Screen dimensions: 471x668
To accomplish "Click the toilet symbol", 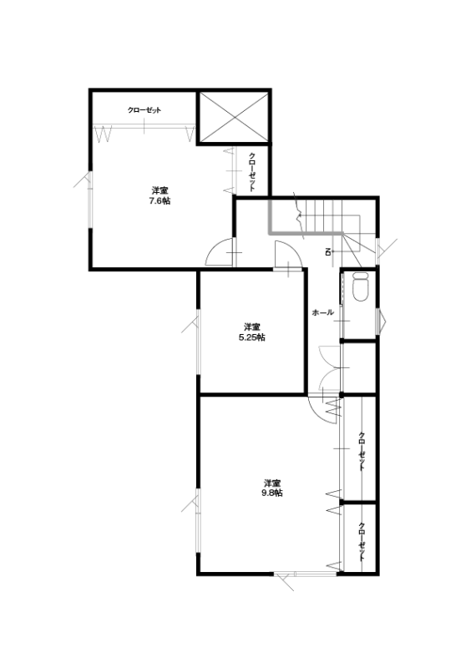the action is (362, 287).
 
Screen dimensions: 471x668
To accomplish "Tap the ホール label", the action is (322, 312).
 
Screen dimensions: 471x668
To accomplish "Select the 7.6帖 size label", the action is (160, 201).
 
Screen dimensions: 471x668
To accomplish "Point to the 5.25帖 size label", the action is (252, 337).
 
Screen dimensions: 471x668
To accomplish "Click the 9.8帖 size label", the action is (272, 493).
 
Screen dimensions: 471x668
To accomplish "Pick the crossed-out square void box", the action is (234, 117).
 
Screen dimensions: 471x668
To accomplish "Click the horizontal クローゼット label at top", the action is (144, 110).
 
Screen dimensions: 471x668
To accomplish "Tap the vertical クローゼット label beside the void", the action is (252, 172).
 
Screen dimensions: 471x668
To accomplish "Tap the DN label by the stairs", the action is (328, 252).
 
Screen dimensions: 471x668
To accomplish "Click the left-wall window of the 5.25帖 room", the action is (198, 342).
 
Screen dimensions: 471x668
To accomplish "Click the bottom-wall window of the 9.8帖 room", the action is (306, 574).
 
